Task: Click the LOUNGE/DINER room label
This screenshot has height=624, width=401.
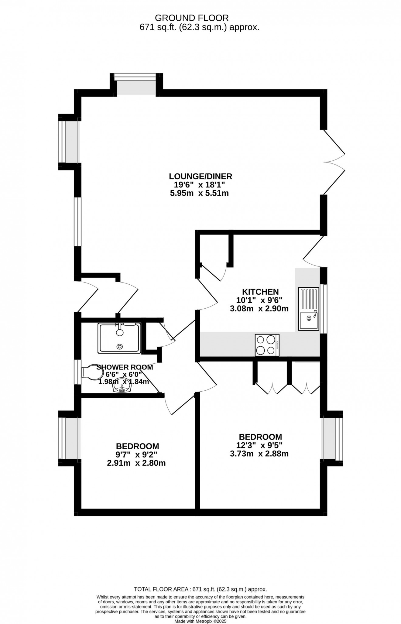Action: click(200, 176)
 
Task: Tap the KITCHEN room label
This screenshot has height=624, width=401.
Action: click(260, 292)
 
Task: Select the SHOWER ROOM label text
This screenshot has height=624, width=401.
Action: click(125, 367)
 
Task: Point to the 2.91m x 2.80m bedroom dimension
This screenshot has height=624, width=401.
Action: click(136, 463)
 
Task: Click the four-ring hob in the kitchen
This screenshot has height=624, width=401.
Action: click(267, 345)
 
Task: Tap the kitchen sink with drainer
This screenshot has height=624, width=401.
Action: click(309, 309)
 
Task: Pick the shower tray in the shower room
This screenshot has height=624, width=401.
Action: click(119, 338)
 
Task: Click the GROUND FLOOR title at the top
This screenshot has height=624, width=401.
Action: click(192, 18)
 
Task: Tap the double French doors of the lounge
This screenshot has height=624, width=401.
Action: click(334, 162)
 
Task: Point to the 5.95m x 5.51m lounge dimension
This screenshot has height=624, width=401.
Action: click(199, 193)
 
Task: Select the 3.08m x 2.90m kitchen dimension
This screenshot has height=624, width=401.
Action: click(259, 309)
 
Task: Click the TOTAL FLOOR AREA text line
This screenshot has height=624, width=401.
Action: click(200, 589)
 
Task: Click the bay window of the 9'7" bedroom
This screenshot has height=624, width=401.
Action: click(69, 438)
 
